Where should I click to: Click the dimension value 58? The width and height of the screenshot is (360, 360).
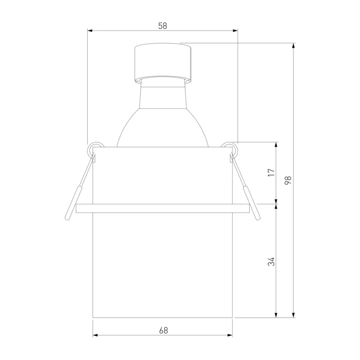pyautogui.click(x=162, y=26)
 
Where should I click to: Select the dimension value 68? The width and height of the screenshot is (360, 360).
pyautogui.click(x=163, y=330)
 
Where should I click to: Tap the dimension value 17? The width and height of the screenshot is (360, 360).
pyautogui.click(x=271, y=172)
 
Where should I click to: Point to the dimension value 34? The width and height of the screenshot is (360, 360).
pyautogui.click(x=271, y=261)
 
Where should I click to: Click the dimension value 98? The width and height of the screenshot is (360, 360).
pyautogui.click(x=288, y=180)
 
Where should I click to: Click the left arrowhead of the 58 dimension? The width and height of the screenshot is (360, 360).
pyautogui.click(x=90, y=31)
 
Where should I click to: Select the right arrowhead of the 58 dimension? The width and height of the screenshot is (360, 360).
pyautogui.click(x=235, y=31)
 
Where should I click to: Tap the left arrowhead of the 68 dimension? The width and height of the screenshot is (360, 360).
pyautogui.click(x=95, y=335)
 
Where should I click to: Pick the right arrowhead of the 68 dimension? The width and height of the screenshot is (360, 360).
pyautogui.click(x=230, y=335)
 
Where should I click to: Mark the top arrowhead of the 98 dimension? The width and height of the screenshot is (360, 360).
pyautogui.click(x=293, y=46)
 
